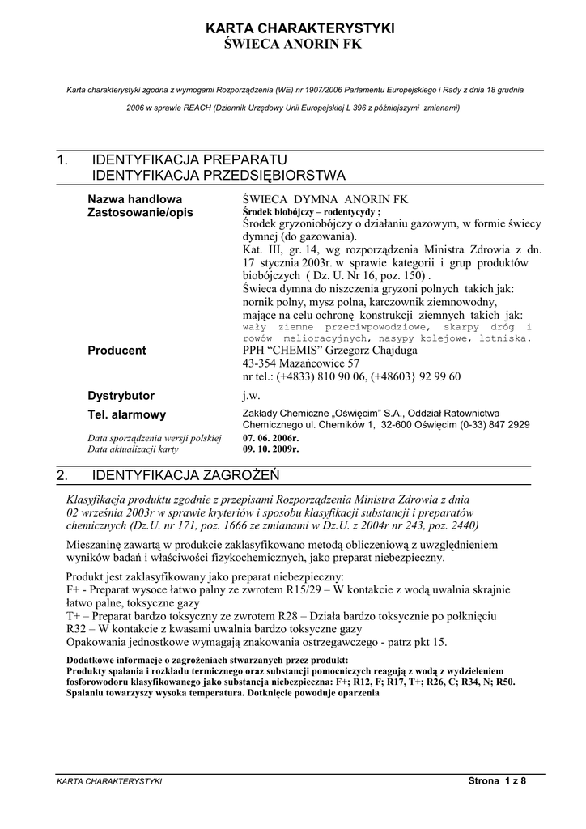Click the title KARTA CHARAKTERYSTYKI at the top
click(301, 28)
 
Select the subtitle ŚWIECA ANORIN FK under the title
click(292, 44)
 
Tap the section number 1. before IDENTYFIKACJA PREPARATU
click(63, 159)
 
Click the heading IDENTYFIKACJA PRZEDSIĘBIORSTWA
click(219, 175)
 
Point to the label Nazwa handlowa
click(134, 198)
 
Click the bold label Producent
click(117, 351)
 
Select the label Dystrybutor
click(121, 396)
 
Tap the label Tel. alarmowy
click(126, 414)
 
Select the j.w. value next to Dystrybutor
click(251, 396)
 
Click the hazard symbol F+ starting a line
click(73, 589)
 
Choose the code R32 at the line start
click(78, 629)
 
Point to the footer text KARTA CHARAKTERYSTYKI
click(109, 781)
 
